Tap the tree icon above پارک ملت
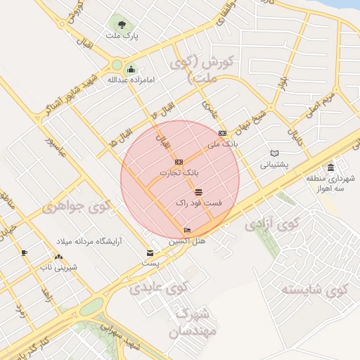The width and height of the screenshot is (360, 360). click(125, 23)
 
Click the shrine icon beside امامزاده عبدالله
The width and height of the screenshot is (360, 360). click(131, 69)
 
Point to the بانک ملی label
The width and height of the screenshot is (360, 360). click(224, 144)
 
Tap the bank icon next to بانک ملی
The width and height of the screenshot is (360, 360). click(223, 133)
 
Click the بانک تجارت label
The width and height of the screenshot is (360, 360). click(179, 172)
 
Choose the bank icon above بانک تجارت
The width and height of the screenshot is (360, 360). click(179, 162)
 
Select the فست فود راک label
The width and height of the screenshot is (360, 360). click(199, 202)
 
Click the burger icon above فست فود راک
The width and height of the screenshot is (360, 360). click(199, 192)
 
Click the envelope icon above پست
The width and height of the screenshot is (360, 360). click(150, 252)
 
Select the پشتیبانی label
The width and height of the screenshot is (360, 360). click(274, 165)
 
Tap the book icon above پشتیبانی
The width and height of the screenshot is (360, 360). click(274, 154)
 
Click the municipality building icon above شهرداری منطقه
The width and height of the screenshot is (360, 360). click(330, 167)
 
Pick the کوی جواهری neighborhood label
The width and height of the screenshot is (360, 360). click(77, 207)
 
